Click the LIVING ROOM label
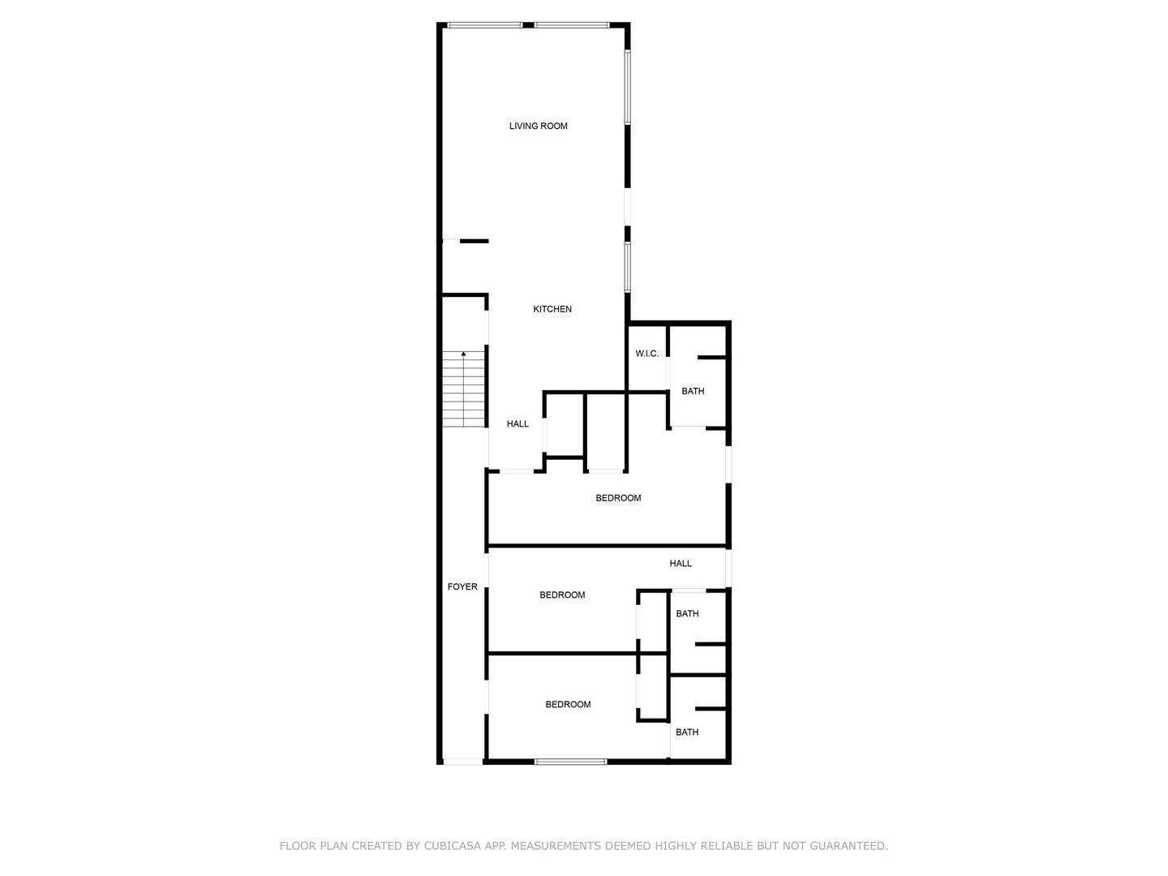coord(538,126)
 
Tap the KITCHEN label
coord(552,309)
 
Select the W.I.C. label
coord(646,354)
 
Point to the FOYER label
coord(462,586)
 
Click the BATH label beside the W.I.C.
coord(693,391)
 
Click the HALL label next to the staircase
coord(517,424)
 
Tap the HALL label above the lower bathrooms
coord(681,563)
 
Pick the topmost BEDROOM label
coord(618,498)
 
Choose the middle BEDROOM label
coord(562,595)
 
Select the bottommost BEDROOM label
coord(569,704)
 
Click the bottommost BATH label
coord(687,732)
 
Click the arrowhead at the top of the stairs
coord(463,353)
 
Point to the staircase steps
coord(463,389)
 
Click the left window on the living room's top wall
coord(484,25)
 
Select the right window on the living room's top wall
coord(572,25)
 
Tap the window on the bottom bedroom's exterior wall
coord(570,762)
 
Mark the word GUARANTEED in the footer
coord(848,845)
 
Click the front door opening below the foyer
coord(463,762)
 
